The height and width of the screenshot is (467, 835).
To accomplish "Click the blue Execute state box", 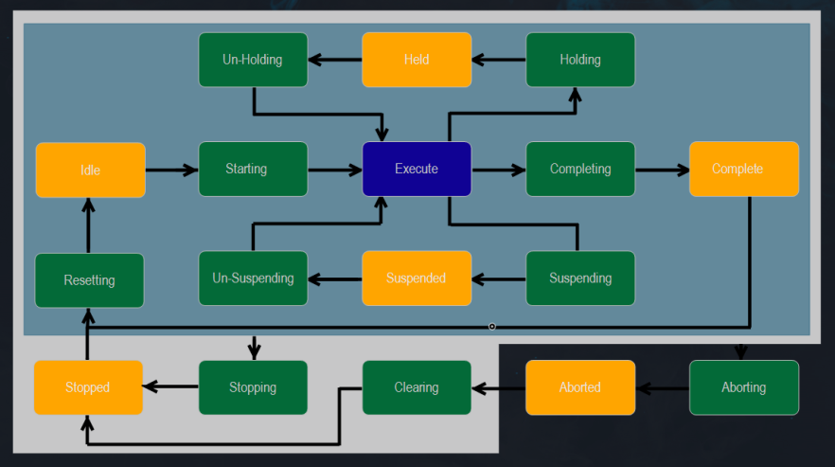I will (x=417, y=170).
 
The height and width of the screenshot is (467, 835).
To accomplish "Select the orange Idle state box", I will (x=90, y=171).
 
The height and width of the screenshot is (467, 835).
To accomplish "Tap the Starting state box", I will (x=253, y=170).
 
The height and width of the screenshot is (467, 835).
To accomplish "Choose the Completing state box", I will (x=580, y=170).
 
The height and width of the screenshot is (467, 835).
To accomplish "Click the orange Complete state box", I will (x=743, y=170).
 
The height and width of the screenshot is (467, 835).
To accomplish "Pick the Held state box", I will (x=417, y=60).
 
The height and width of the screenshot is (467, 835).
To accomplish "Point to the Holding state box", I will (x=580, y=60).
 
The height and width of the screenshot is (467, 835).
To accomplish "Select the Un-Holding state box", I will (x=253, y=60).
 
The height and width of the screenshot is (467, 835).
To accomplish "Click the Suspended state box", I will (x=417, y=278).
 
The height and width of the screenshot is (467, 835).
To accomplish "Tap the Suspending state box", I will (x=580, y=278).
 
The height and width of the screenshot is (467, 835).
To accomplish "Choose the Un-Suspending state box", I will (x=253, y=278).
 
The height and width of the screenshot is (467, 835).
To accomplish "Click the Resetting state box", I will (x=90, y=280).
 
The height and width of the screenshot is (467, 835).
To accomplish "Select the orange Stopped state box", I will (x=88, y=387).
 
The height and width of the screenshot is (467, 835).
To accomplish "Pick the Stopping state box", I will (x=253, y=387).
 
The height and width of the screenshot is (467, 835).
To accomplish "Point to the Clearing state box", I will (x=417, y=387).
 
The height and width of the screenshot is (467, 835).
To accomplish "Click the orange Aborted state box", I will (x=580, y=387).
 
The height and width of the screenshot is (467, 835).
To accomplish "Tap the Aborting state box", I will (x=743, y=387).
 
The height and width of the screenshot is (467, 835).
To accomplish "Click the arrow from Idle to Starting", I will (x=171, y=171).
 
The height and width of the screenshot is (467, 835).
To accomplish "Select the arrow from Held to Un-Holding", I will (x=335, y=60).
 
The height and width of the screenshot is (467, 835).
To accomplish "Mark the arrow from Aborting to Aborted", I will (x=662, y=388).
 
